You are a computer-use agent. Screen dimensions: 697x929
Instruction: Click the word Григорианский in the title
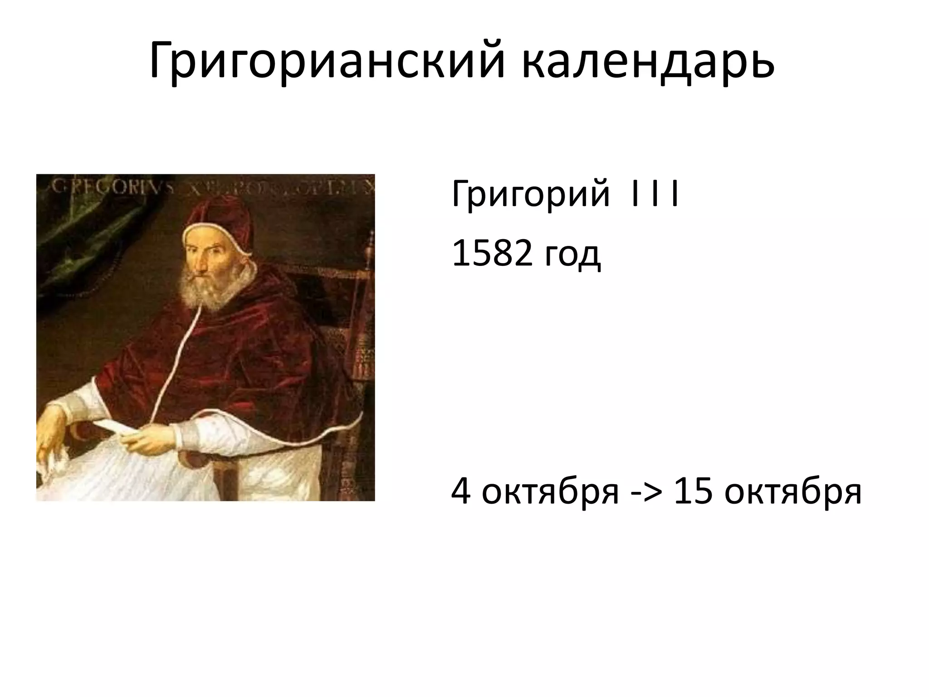(x=327, y=61)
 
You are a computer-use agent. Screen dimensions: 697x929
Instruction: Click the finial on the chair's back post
(x=369, y=241)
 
